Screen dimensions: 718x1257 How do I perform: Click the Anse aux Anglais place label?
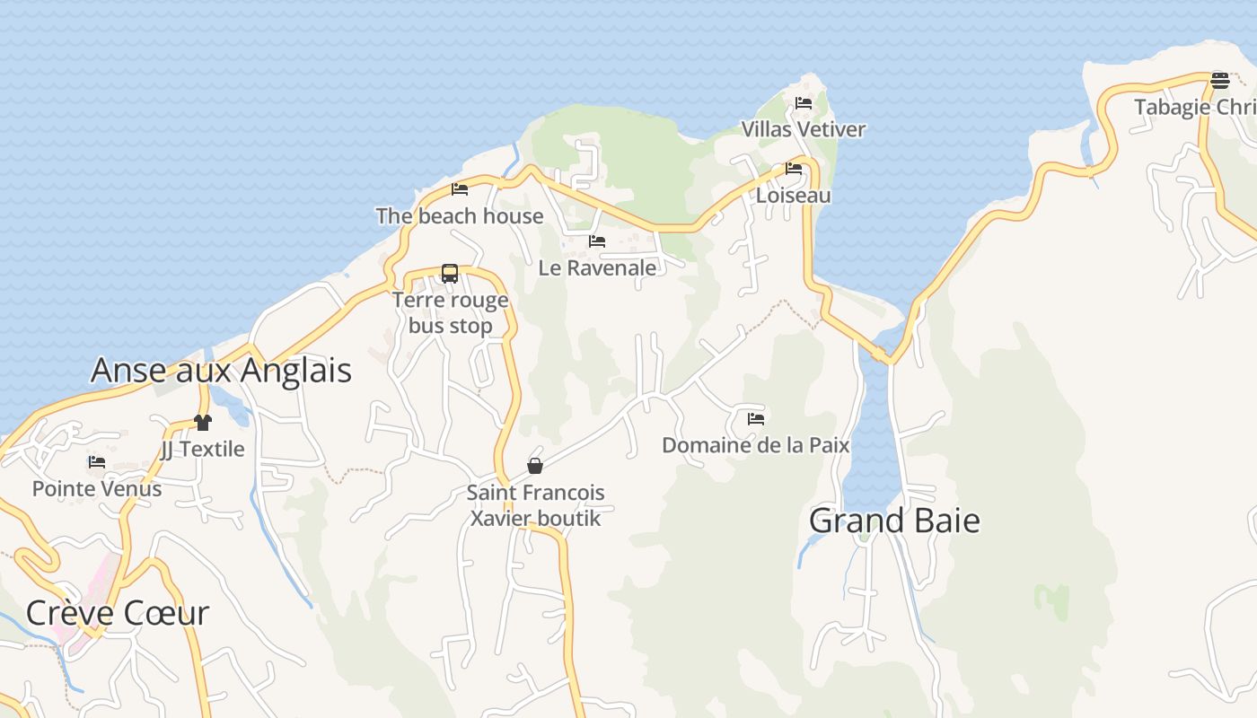[x=221, y=370]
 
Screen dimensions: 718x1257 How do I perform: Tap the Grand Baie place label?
[x=894, y=521]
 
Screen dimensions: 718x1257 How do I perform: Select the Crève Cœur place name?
[x=118, y=613]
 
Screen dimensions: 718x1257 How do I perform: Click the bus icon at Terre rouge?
[x=450, y=273]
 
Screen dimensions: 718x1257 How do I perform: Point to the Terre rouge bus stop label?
[x=451, y=312]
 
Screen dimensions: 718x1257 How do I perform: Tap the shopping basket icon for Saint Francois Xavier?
[x=535, y=465]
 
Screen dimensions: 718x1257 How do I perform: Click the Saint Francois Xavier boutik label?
[x=536, y=505]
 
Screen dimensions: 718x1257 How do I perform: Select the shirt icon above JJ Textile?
[x=202, y=422]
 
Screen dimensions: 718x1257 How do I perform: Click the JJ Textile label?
[x=202, y=449]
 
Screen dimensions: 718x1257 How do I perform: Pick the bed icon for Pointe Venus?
[x=97, y=461]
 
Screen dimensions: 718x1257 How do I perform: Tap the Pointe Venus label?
[x=97, y=488]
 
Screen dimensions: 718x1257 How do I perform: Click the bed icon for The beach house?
[x=460, y=188]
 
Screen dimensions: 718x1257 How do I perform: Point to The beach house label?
[x=460, y=215]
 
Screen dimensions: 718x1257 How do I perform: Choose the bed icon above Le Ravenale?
[x=597, y=241]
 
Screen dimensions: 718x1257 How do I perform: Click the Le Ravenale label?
[x=597, y=267]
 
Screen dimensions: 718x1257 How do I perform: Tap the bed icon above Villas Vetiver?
[x=804, y=102]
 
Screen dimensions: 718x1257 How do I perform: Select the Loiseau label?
[x=794, y=195]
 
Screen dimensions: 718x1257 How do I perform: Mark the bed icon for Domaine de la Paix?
[x=756, y=418]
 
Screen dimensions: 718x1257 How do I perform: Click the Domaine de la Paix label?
[x=756, y=445]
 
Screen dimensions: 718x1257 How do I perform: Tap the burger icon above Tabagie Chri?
[x=1219, y=80]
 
